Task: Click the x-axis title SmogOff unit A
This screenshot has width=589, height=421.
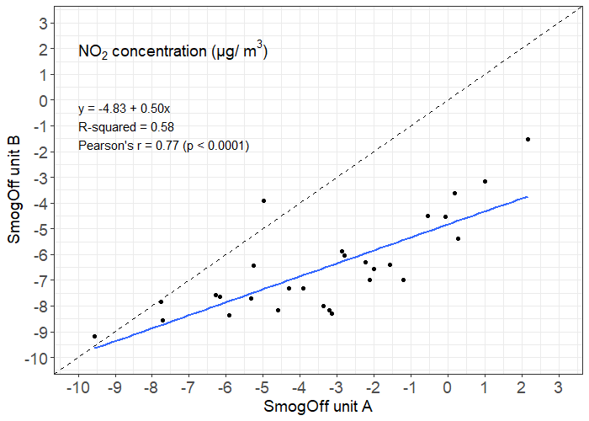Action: [318, 407]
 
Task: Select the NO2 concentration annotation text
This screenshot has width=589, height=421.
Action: [172, 52]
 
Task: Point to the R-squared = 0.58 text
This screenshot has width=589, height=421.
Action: [126, 127]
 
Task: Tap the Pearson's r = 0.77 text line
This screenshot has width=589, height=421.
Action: [163, 146]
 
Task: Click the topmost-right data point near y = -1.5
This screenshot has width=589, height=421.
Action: [528, 139]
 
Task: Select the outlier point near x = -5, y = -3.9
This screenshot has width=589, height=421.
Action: [263, 200]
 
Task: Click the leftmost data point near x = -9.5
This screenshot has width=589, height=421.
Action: [94, 336]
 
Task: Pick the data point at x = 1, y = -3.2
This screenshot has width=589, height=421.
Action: [485, 181]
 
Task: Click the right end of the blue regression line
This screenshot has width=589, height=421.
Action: [528, 196]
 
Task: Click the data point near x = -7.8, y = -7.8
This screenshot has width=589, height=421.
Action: [161, 301]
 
